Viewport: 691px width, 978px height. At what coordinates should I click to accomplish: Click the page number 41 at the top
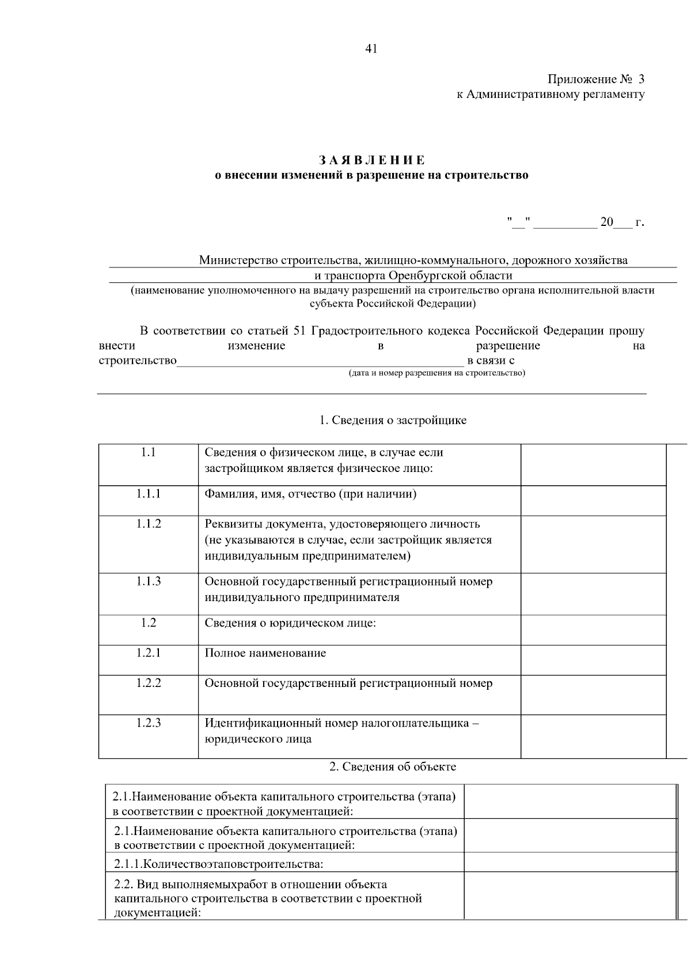pos(371,49)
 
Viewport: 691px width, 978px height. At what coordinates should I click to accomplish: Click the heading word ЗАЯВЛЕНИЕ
pos(371,160)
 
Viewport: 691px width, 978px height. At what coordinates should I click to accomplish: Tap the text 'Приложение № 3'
pos(596,79)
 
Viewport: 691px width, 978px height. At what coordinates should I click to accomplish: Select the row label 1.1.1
pos(149,494)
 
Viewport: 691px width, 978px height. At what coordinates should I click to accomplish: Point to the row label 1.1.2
pos(149,524)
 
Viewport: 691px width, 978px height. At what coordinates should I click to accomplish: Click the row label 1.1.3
pos(149,581)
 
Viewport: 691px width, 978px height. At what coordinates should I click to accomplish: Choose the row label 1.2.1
pos(149,653)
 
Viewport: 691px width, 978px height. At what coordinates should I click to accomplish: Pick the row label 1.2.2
pos(149,683)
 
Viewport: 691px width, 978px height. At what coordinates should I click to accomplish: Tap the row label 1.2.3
pos(149,723)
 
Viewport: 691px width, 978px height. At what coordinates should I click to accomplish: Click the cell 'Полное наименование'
pos(265,653)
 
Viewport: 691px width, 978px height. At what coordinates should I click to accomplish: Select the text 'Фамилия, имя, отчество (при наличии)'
pos(311,494)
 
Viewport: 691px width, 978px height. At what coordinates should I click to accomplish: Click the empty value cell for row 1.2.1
pos(593,659)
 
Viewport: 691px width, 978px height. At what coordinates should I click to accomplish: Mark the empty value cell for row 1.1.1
pos(593,500)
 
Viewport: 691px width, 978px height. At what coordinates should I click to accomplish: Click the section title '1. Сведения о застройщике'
pos(393,420)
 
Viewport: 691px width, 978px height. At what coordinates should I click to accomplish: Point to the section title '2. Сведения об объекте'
pos(393,766)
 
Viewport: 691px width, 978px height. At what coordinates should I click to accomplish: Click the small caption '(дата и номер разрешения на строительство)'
pos(437,373)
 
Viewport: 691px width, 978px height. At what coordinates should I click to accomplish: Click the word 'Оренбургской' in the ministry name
pos(422,275)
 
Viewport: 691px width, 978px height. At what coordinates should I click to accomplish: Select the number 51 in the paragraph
pos(299,331)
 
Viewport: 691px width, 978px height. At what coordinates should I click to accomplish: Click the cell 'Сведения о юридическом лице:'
pos(290,623)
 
